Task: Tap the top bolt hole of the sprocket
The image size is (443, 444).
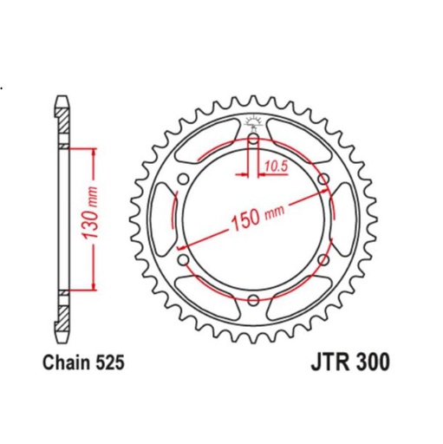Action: pyautogui.click(x=252, y=139)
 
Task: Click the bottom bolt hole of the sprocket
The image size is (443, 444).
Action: pyautogui.click(x=252, y=300)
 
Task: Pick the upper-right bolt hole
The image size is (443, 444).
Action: pyautogui.click(x=322, y=180)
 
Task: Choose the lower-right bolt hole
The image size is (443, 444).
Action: pyautogui.click(x=322, y=259)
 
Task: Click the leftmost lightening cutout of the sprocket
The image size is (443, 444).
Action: pyautogui.click(x=162, y=219)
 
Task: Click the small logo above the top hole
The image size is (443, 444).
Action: pyautogui.click(x=252, y=121)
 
